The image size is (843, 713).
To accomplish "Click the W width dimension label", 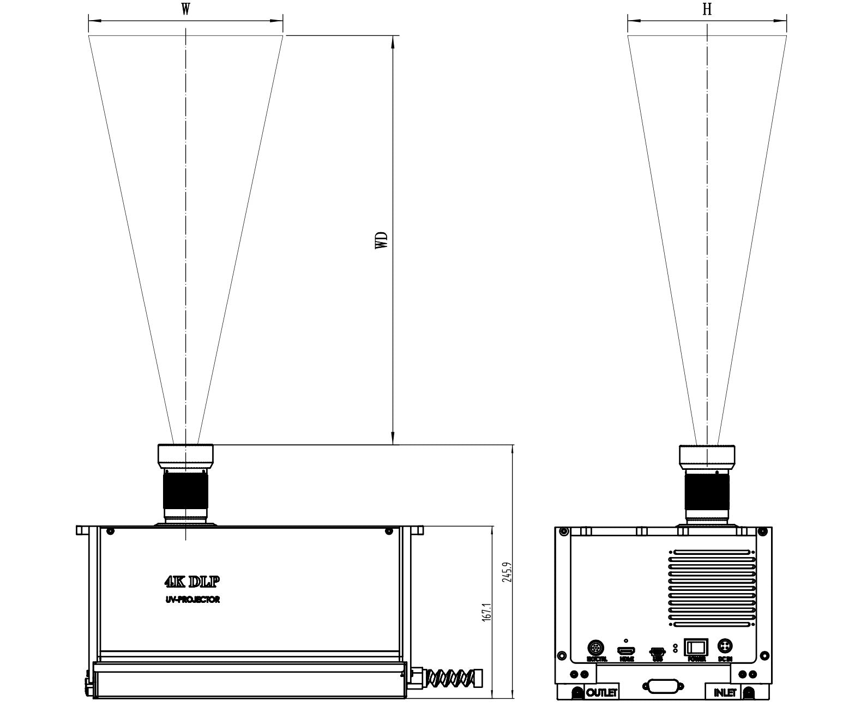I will pos(185,10).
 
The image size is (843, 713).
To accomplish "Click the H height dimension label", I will pos(707,10).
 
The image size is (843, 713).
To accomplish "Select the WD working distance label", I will pos(382,240).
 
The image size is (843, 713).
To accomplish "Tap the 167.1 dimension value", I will pos(487,612).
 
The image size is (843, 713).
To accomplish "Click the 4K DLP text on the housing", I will pos(192,582).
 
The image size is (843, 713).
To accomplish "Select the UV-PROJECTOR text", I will pos(192,600).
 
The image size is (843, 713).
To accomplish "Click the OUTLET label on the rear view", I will pos(602,693).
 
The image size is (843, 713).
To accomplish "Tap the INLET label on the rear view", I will pos(725,693).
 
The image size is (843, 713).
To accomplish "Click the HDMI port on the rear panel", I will pos(625,651).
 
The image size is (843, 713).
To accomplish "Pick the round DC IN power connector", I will pos(725,646).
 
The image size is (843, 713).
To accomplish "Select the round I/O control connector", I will pos(596,648).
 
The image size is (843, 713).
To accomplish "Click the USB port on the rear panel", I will pos(657,651).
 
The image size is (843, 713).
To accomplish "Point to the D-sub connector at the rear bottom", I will pos(662,687).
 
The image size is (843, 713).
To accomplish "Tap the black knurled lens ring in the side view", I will pos(185,490).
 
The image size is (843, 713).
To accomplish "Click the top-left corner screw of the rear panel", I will pos(564,531).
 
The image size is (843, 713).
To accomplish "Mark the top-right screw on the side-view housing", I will pos(388,531).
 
